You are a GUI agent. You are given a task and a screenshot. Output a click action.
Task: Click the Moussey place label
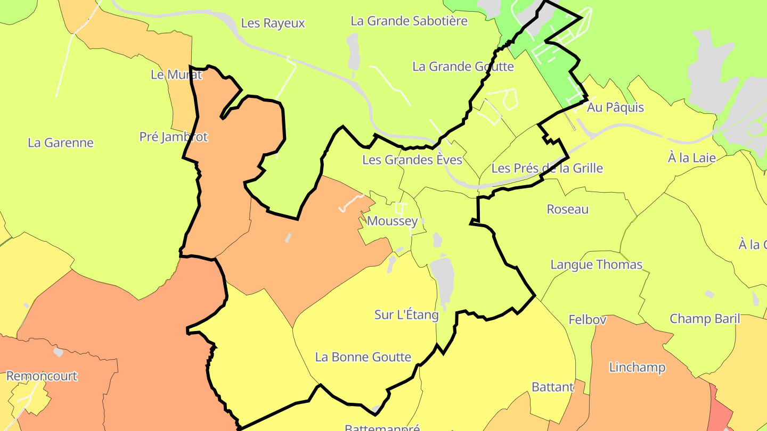pos(393,221)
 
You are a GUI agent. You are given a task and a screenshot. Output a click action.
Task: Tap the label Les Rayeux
pos(273,23)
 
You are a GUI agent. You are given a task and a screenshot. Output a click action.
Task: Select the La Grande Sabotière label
pos(409,21)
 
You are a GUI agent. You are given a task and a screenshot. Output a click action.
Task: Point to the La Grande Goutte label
pos(463,67)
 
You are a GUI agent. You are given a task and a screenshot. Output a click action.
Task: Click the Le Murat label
pos(176,74)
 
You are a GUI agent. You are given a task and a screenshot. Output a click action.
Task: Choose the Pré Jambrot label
pos(173,137)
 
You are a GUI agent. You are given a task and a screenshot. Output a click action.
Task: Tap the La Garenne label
pos(60,143)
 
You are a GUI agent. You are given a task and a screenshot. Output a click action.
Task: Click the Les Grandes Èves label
pos(412,160)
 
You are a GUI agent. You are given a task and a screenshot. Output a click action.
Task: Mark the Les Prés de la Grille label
pos(547,169)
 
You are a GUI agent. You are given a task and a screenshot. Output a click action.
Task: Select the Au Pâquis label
pos(615,107)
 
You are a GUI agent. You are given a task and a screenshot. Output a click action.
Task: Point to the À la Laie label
pos(691,158)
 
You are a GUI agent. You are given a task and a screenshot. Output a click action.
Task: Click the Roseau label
pos(567,209)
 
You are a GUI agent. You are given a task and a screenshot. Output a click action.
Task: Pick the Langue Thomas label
pos(596,264)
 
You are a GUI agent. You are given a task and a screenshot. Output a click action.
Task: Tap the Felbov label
pos(588,320)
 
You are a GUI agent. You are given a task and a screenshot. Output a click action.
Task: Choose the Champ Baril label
pos(704,319)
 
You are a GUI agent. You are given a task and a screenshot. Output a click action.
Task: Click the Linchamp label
pos(637,367)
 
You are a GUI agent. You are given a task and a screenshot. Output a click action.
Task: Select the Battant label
pos(552,387)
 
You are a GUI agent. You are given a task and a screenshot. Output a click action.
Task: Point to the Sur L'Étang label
pos(406,314)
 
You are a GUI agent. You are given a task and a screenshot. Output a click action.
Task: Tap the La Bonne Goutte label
pos(363,357)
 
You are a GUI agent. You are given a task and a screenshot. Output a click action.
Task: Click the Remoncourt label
pos(42,376)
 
